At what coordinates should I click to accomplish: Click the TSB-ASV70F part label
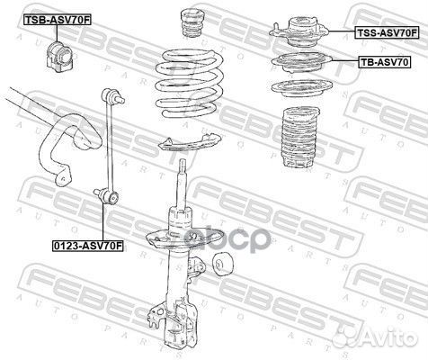tap(57, 20)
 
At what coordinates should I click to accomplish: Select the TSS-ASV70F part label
tap(387, 32)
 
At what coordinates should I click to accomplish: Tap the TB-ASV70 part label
tap(384, 62)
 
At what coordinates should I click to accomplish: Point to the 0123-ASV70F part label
tap(88, 246)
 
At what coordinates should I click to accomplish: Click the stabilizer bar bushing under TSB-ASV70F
tap(59, 55)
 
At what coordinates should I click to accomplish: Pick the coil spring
tap(190, 85)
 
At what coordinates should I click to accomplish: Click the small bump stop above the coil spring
tap(192, 23)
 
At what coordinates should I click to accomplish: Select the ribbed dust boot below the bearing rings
tap(300, 138)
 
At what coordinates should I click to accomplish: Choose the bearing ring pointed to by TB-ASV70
tap(301, 63)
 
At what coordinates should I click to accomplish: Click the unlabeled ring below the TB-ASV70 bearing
tap(301, 88)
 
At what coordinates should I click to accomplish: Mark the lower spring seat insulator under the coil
tap(190, 142)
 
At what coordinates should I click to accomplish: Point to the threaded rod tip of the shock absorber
tap(183, 165)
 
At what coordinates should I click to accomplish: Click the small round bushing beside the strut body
tap(222, 265)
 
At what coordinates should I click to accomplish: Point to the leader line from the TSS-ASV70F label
tap(343, 31)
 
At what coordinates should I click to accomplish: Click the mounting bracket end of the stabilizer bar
tap(62, 178)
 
